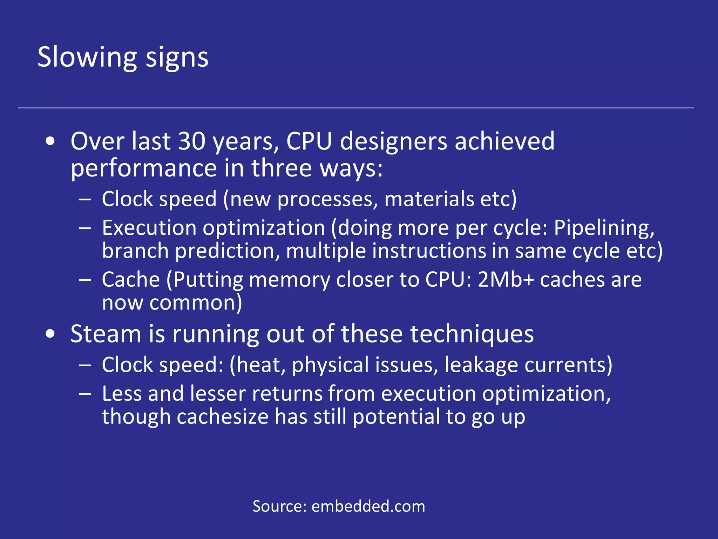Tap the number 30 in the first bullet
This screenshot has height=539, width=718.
192,141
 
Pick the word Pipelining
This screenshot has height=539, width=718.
604,228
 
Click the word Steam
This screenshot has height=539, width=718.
106,334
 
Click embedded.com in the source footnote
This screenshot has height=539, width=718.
368,506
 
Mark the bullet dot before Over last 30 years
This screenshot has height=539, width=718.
50,141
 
